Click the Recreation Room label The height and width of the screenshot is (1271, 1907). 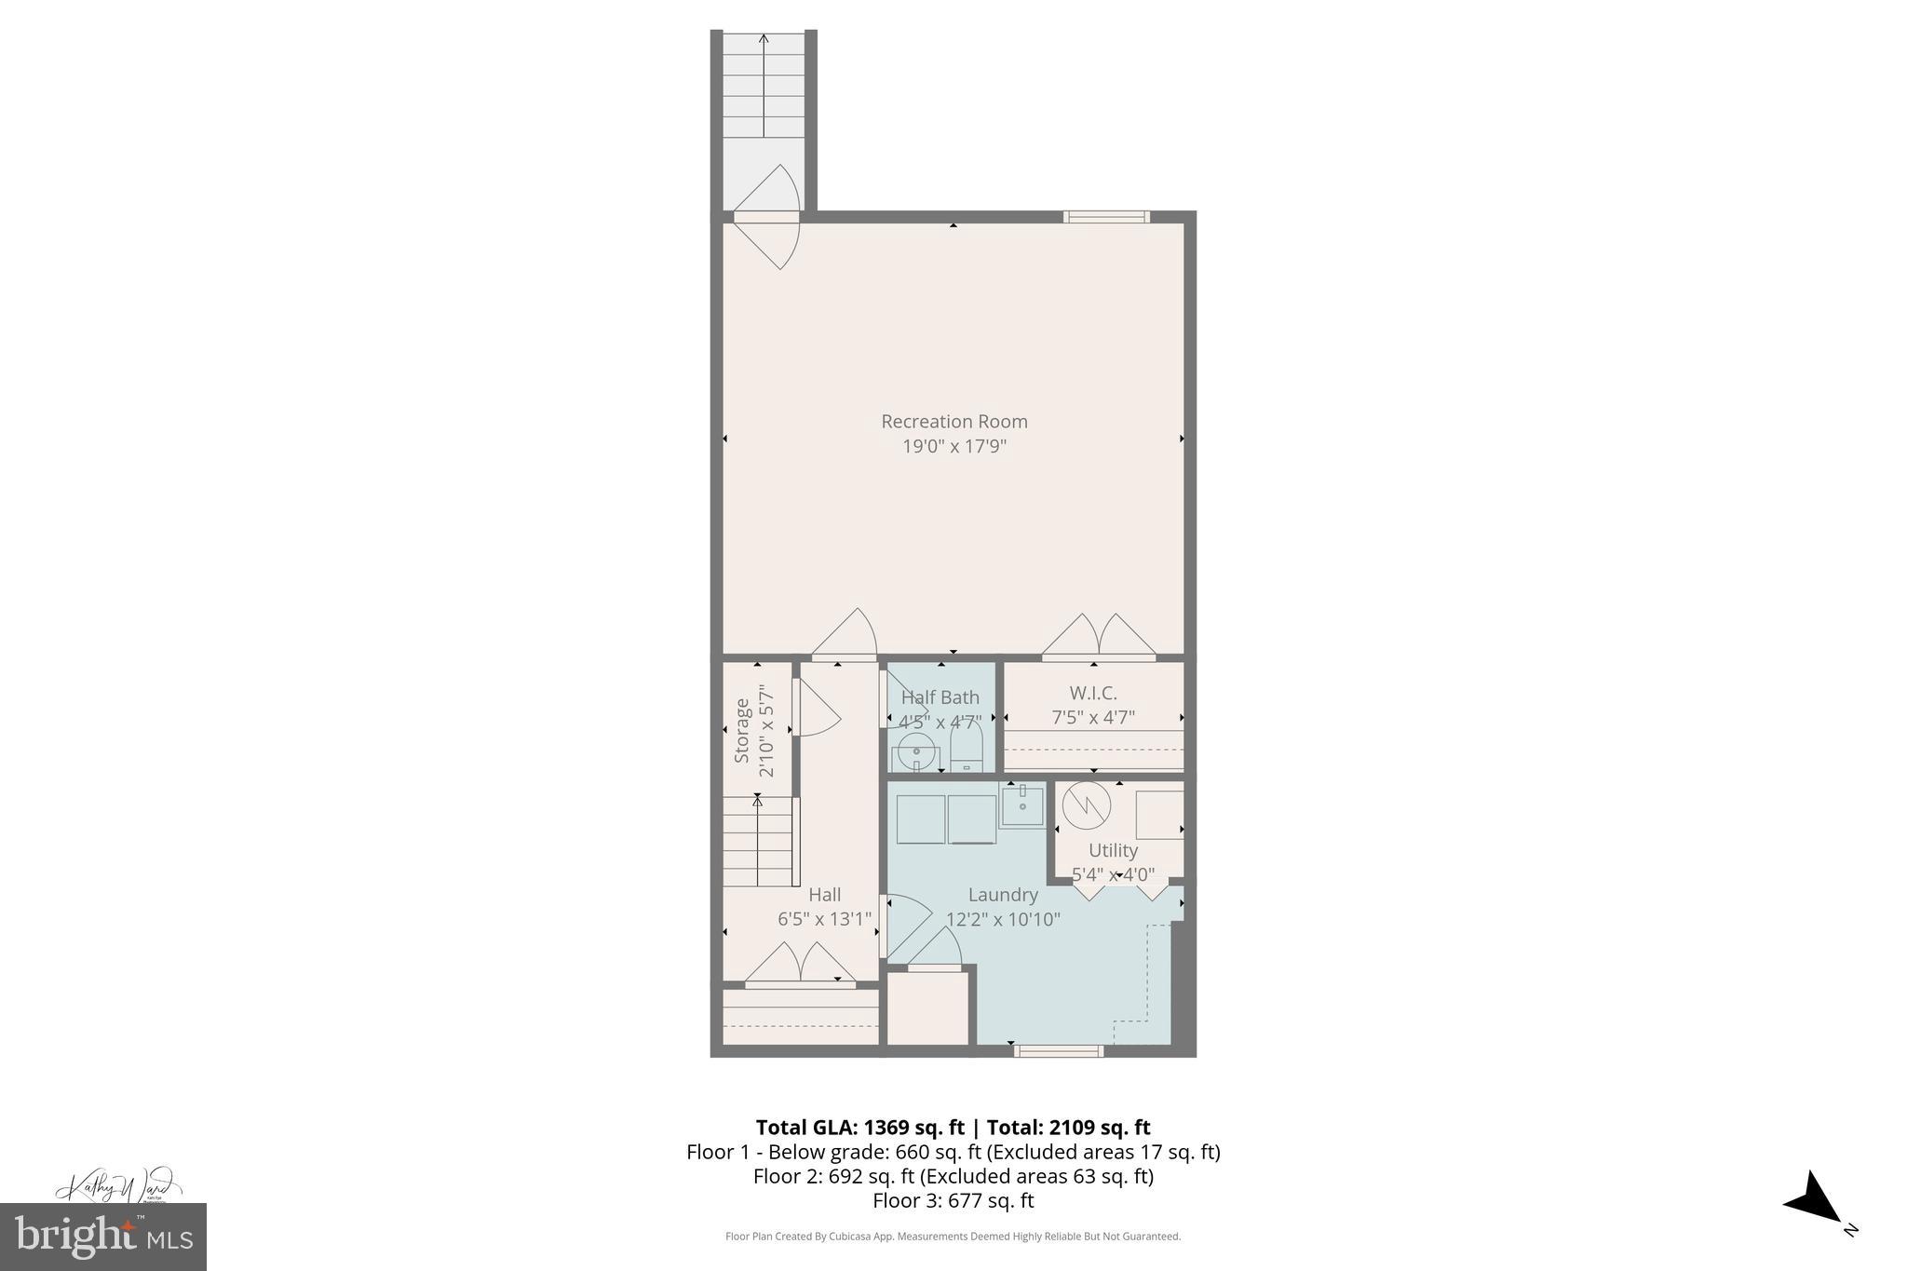pos(954,422)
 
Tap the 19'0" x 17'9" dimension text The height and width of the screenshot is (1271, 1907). pos(954,446)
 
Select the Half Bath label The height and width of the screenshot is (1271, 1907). pos(940,697)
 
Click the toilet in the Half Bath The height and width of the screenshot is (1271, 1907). pos(967,747)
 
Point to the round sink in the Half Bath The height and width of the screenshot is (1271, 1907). pos(917,750)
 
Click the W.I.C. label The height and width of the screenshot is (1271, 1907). pos(1093,694)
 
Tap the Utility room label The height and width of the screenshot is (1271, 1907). pos(1114,850)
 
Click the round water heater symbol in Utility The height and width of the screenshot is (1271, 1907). pos(1087,805)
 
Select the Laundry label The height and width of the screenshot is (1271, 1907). pos(1003,895)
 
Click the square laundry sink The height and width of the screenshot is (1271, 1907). pos(1022,805)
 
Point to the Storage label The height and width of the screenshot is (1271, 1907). pos(742,731)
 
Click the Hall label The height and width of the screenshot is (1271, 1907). pos(825,895)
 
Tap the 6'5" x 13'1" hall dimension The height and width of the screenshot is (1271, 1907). pos(825,919)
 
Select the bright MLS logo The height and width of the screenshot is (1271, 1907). pos(103,1237)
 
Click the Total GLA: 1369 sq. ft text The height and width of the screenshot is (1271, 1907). pos(859,1128)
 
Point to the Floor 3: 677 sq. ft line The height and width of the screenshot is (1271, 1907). pos(953,1200)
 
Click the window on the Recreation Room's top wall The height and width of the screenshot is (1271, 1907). pos(1106,217)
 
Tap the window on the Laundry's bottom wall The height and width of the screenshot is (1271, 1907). pos(1059,1051)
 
